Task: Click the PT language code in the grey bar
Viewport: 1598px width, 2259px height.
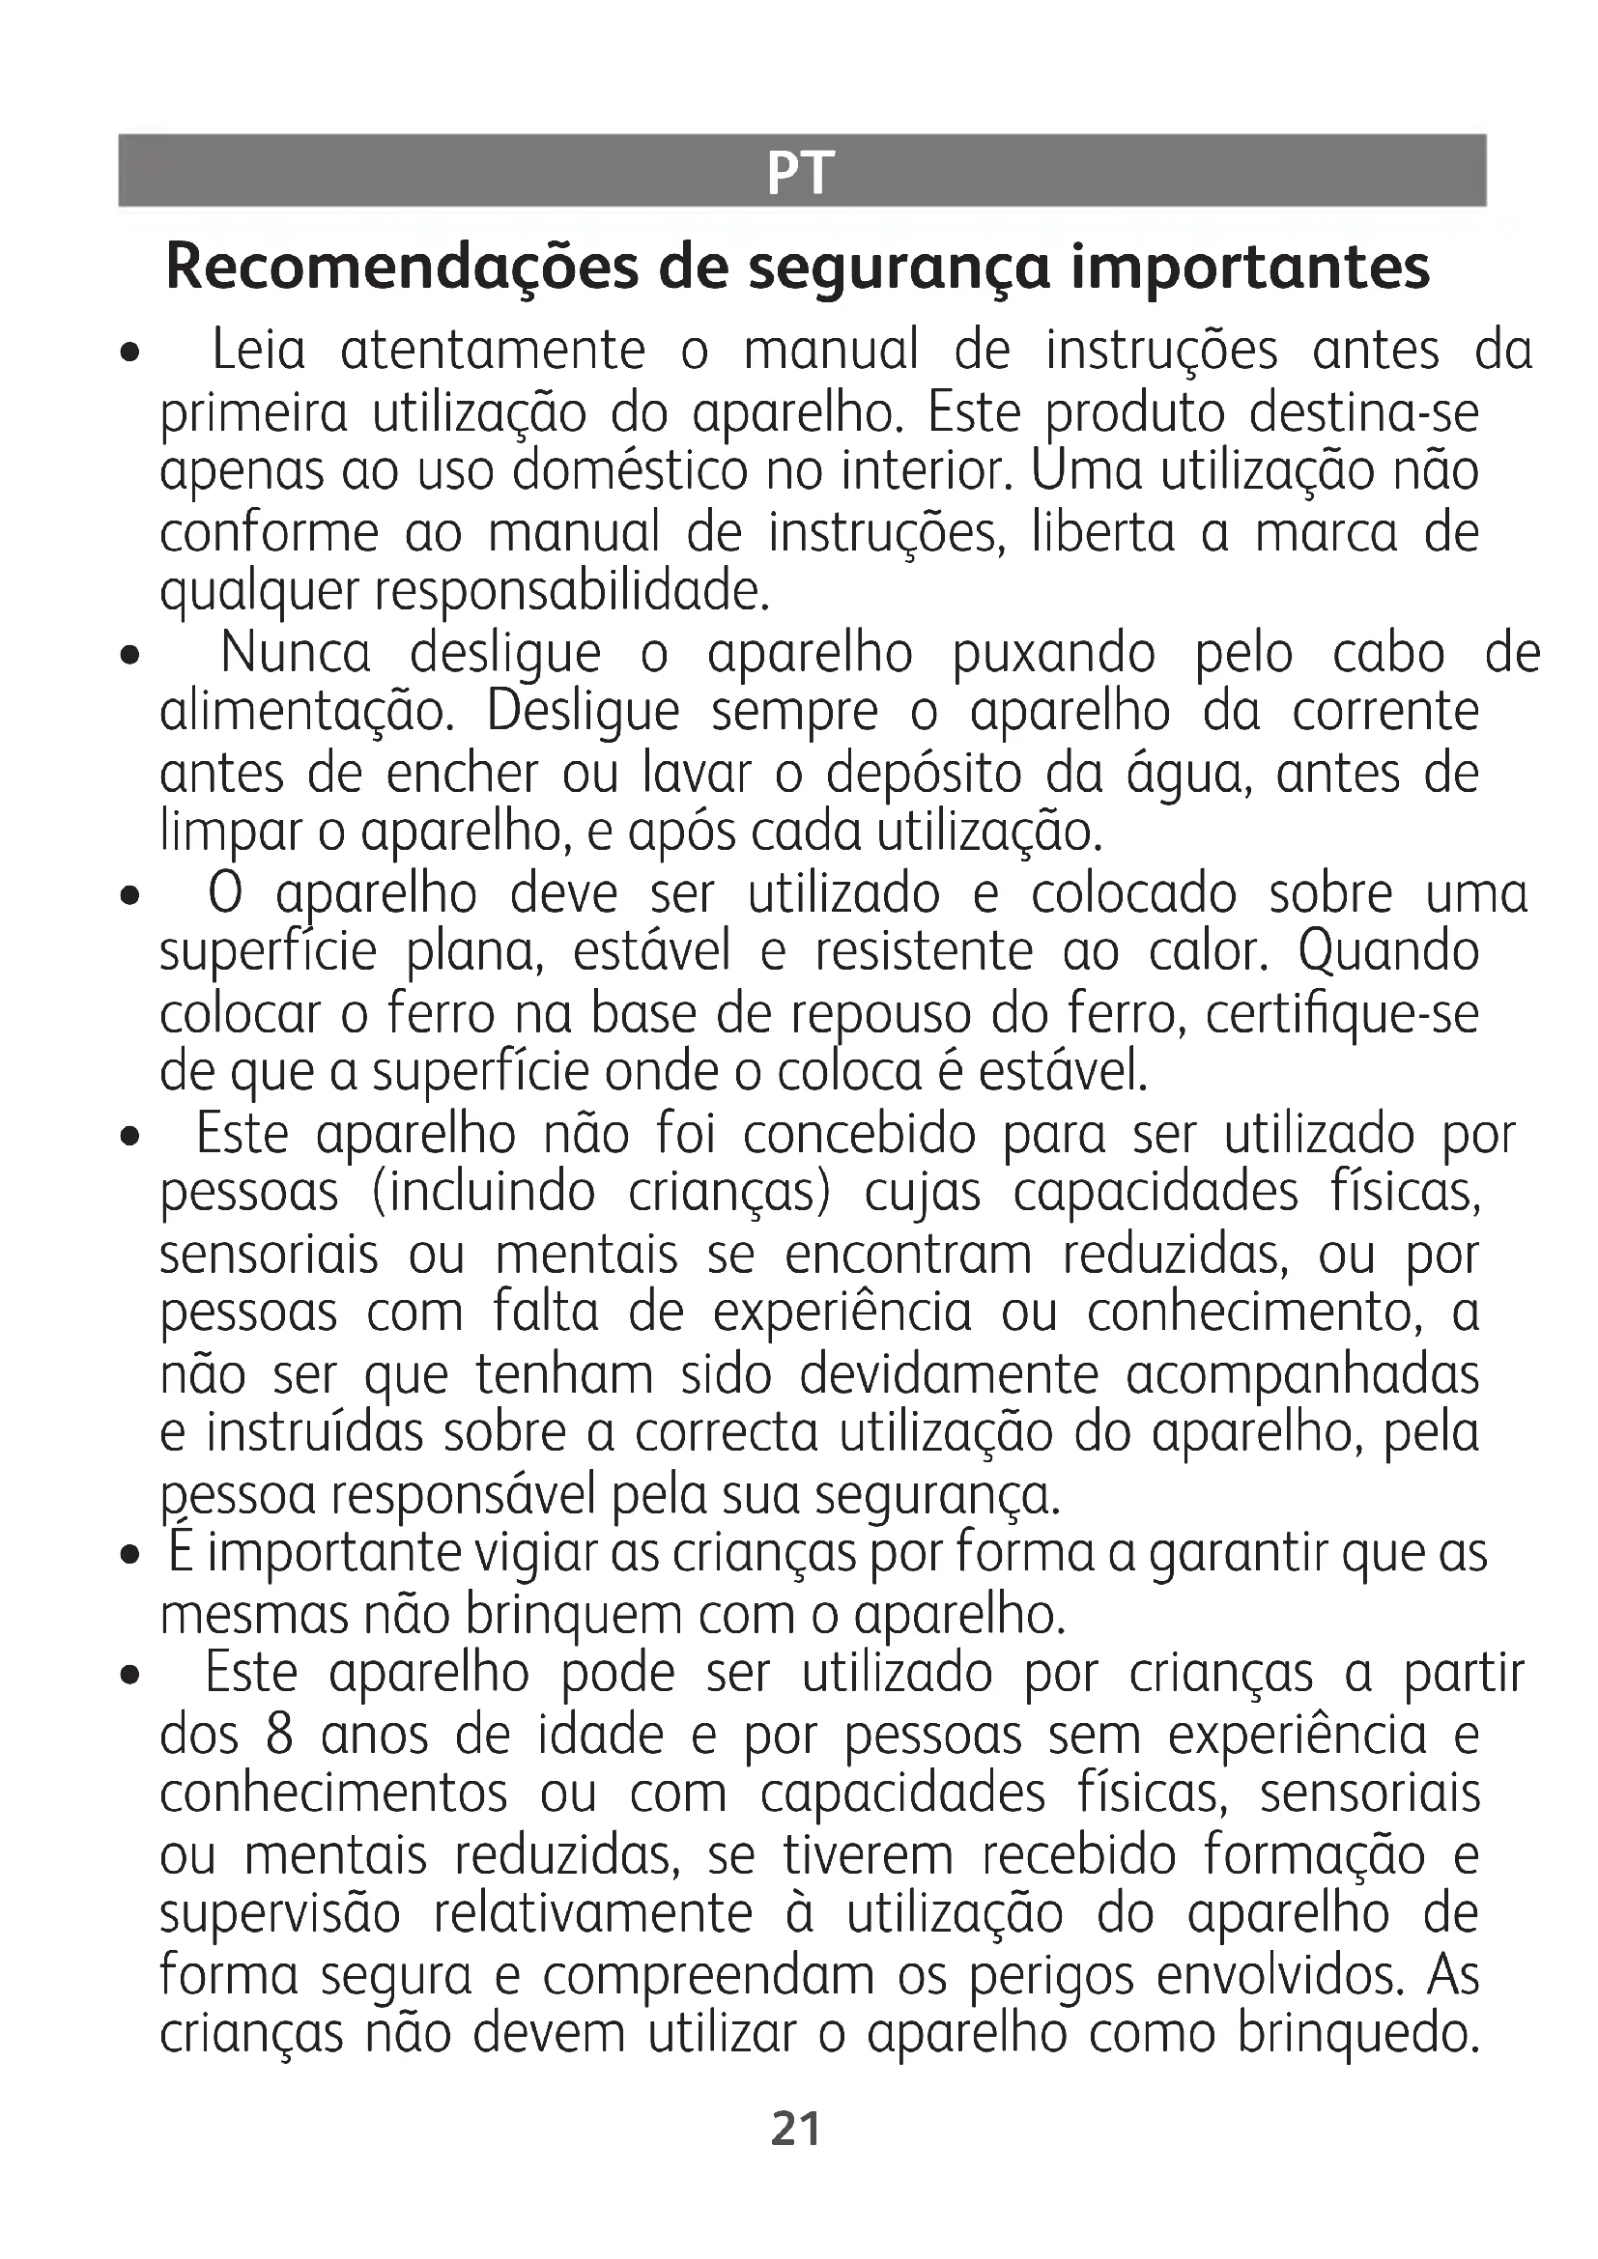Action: (x=799, y=173)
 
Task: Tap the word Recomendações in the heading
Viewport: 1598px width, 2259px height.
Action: (x=403, y=268)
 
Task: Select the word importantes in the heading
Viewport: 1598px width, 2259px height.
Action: (x=1249, y=268)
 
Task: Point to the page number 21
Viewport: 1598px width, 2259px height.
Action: (x=796, y=2130)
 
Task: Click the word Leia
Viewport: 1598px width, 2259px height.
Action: (x=259, y=351)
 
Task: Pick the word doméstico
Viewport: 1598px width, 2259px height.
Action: (x=630, y=472)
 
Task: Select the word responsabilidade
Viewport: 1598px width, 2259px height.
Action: (x=570, y=592)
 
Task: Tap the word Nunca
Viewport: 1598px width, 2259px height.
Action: (x=296, y=653)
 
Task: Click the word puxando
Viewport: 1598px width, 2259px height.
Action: (x=1054, y=653)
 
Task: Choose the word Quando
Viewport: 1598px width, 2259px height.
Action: (x=1388, y=952)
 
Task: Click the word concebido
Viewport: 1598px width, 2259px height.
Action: (x=859, y=1136)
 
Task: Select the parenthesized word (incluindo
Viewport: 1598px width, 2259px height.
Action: (x=483, y=1195)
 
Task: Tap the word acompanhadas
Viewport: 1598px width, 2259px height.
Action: (x=1301, y=1375)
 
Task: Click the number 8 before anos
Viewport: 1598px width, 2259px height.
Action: (x=279, y=1736)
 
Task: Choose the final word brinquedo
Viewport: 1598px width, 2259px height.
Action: (x=1357, y=2035)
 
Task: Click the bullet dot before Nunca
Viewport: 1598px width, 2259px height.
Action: (x=128, y=655)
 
